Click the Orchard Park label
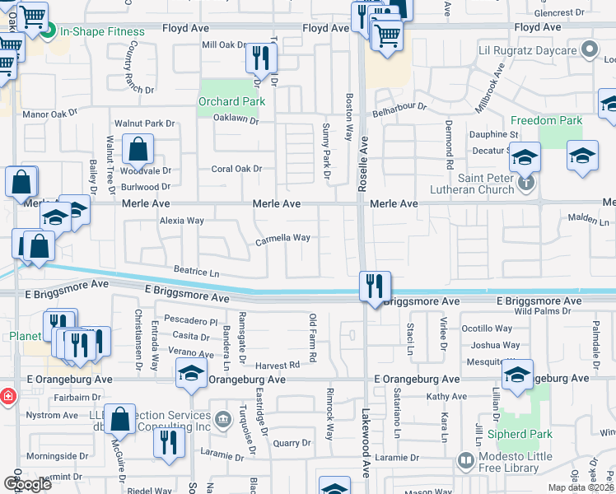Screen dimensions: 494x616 [231, 101]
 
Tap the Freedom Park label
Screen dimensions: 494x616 [546, 120]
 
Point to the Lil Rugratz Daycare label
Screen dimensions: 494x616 [528, 51]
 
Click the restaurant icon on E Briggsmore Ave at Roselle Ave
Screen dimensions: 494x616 [375, 287]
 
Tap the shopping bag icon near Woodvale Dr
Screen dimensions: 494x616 [138, 150]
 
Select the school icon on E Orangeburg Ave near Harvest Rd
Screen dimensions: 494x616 [191, 374]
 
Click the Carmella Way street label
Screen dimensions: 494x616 [282, 239]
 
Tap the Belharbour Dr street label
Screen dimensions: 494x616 [399, 107]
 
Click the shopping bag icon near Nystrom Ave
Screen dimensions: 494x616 [120, 418]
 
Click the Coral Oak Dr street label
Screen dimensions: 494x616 [236, 169]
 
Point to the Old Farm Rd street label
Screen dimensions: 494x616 [313, 338]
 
